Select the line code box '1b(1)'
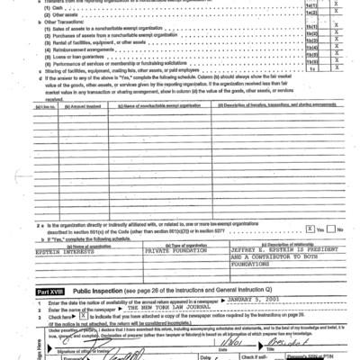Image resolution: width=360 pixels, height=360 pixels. (312, 29)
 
